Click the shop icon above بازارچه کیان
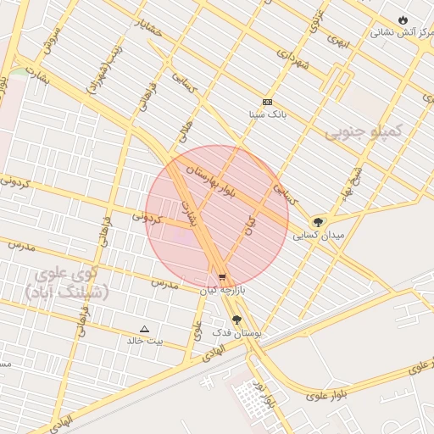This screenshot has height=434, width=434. tap(222, 276)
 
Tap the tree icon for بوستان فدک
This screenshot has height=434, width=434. tap(236, 320)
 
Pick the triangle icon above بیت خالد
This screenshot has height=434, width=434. tap(144, 329)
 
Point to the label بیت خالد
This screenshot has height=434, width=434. tap(145, 341)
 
